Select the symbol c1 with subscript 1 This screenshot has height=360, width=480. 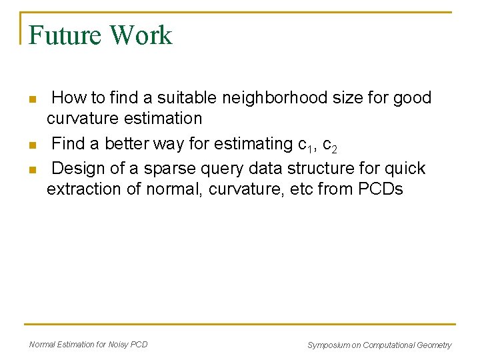pyautogui.click(x=305, y=145)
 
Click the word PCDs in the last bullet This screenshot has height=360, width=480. pyautogui.click(x=380, y=189)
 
